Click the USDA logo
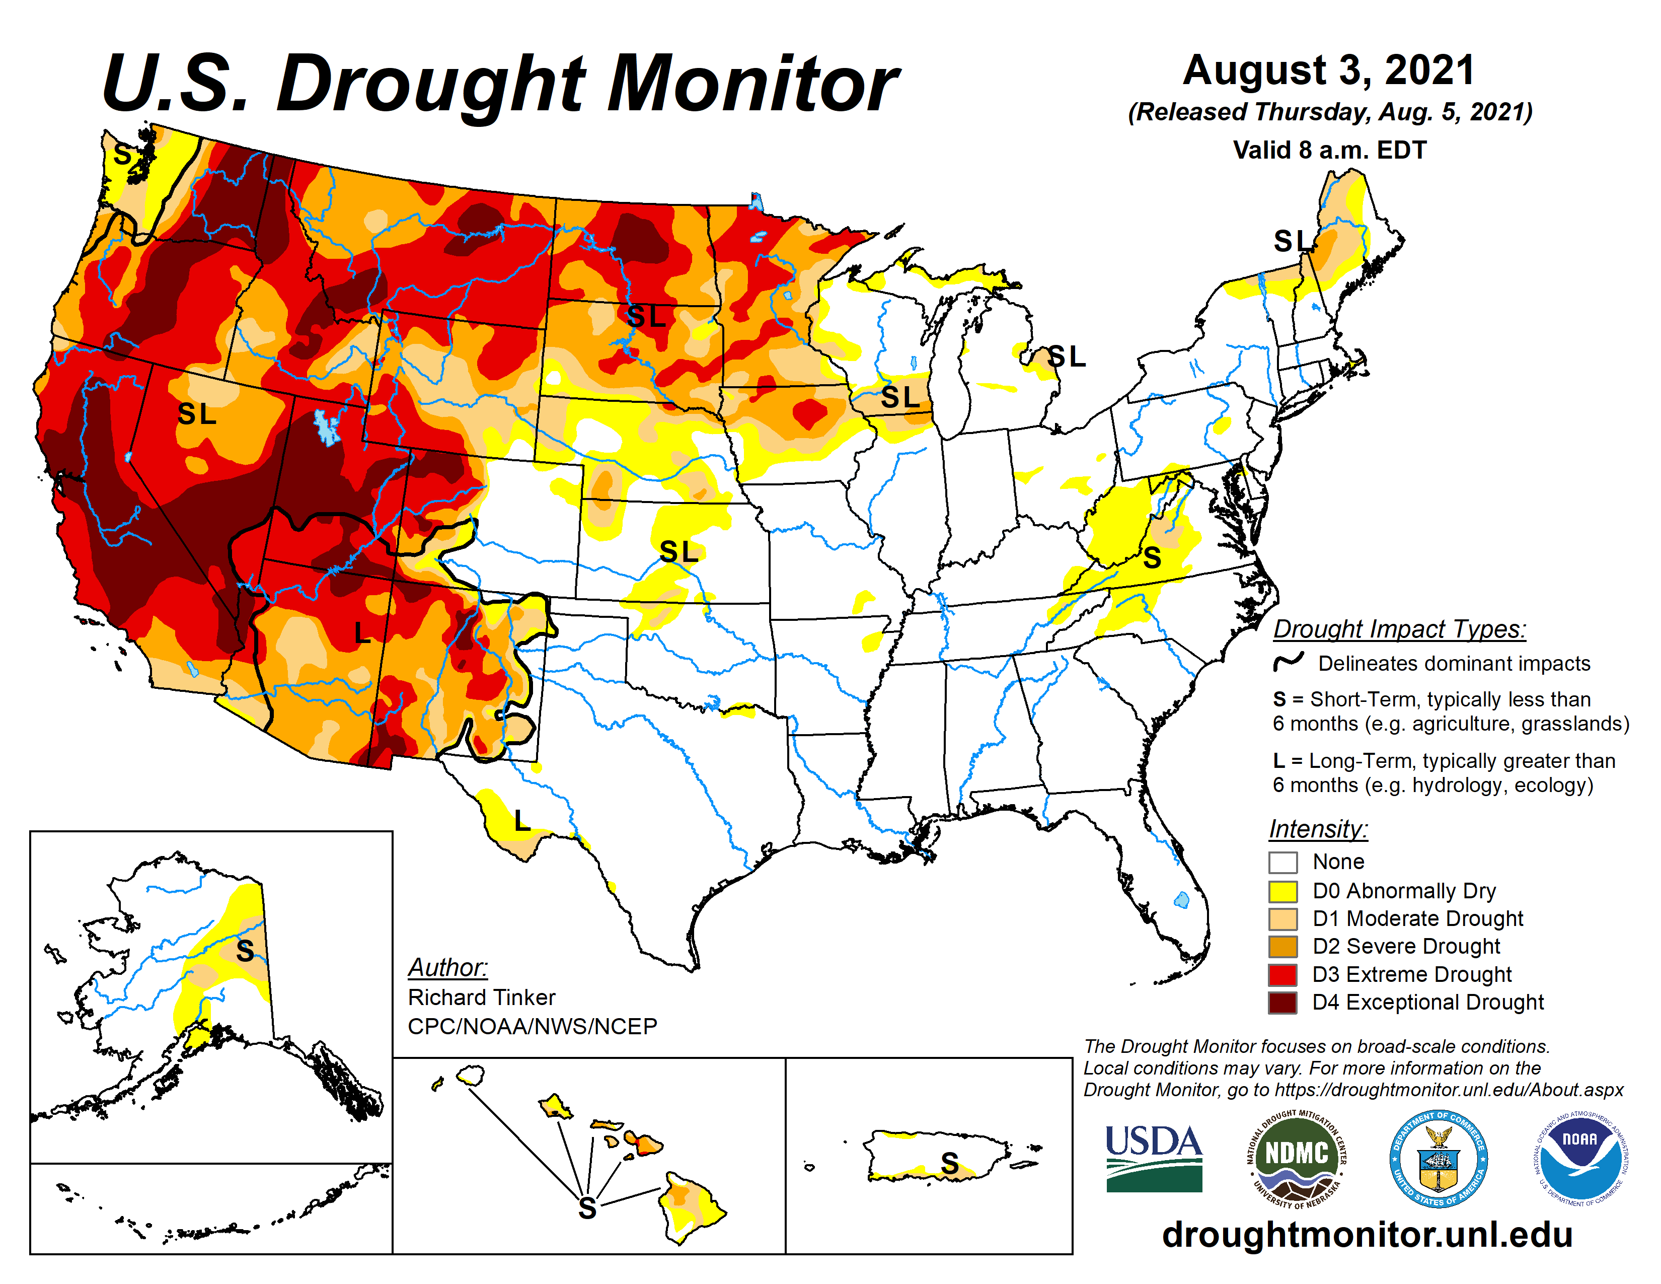coord(1153,1158)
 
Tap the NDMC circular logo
coord(1296,1158)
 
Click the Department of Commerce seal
coord(1438,1158)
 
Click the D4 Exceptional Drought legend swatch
coord(1282,1003)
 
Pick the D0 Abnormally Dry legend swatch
coord(1282,891)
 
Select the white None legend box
coord(1282,863)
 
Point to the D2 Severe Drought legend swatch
coord(1282,947)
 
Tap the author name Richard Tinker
coord(481,997)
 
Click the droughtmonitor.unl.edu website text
coord(1367,1234)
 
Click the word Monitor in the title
coord(753,84)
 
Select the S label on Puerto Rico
coord(949,1162)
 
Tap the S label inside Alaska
coord(245,950)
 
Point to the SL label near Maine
coord(1293,241)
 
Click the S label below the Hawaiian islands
coord(587,1208)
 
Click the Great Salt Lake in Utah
coord(327,427)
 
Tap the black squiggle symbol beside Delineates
coord(1289,663)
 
